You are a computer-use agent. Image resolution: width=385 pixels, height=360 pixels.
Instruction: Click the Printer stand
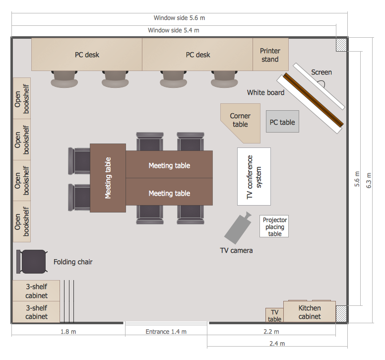coord(270,55)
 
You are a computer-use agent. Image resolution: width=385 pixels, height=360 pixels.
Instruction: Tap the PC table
coord(282,122)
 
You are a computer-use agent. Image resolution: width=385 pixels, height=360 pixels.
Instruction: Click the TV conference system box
coord(254,176)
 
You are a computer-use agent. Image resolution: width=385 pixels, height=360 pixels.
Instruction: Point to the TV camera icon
coord(238,227)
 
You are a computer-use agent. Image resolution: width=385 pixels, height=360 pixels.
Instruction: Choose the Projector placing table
coord(274,226)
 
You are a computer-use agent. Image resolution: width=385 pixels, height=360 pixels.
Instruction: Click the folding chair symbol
coord(32,261)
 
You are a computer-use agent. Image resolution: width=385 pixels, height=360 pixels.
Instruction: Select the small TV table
coord(274,315)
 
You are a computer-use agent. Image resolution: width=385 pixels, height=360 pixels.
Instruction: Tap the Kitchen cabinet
coord(310,312)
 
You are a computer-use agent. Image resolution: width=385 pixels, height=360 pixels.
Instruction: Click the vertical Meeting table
coord(108,178)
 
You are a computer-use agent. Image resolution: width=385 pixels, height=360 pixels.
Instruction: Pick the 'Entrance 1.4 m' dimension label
coord(166,332)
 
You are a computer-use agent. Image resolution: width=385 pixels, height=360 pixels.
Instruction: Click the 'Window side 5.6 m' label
coord(179,18)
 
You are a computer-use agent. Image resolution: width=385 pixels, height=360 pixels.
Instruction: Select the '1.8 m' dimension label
coord(68,332)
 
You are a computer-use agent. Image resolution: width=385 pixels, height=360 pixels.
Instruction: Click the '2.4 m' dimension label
coord(277,344)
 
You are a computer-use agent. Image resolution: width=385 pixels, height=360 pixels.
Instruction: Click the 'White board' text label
coord(265,93)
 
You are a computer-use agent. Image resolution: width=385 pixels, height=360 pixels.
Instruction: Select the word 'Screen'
coord(321,72)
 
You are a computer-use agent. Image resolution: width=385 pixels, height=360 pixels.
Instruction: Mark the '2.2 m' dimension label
coord(271,332)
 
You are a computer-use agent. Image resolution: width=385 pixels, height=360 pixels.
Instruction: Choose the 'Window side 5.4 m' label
coord(174,30)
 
